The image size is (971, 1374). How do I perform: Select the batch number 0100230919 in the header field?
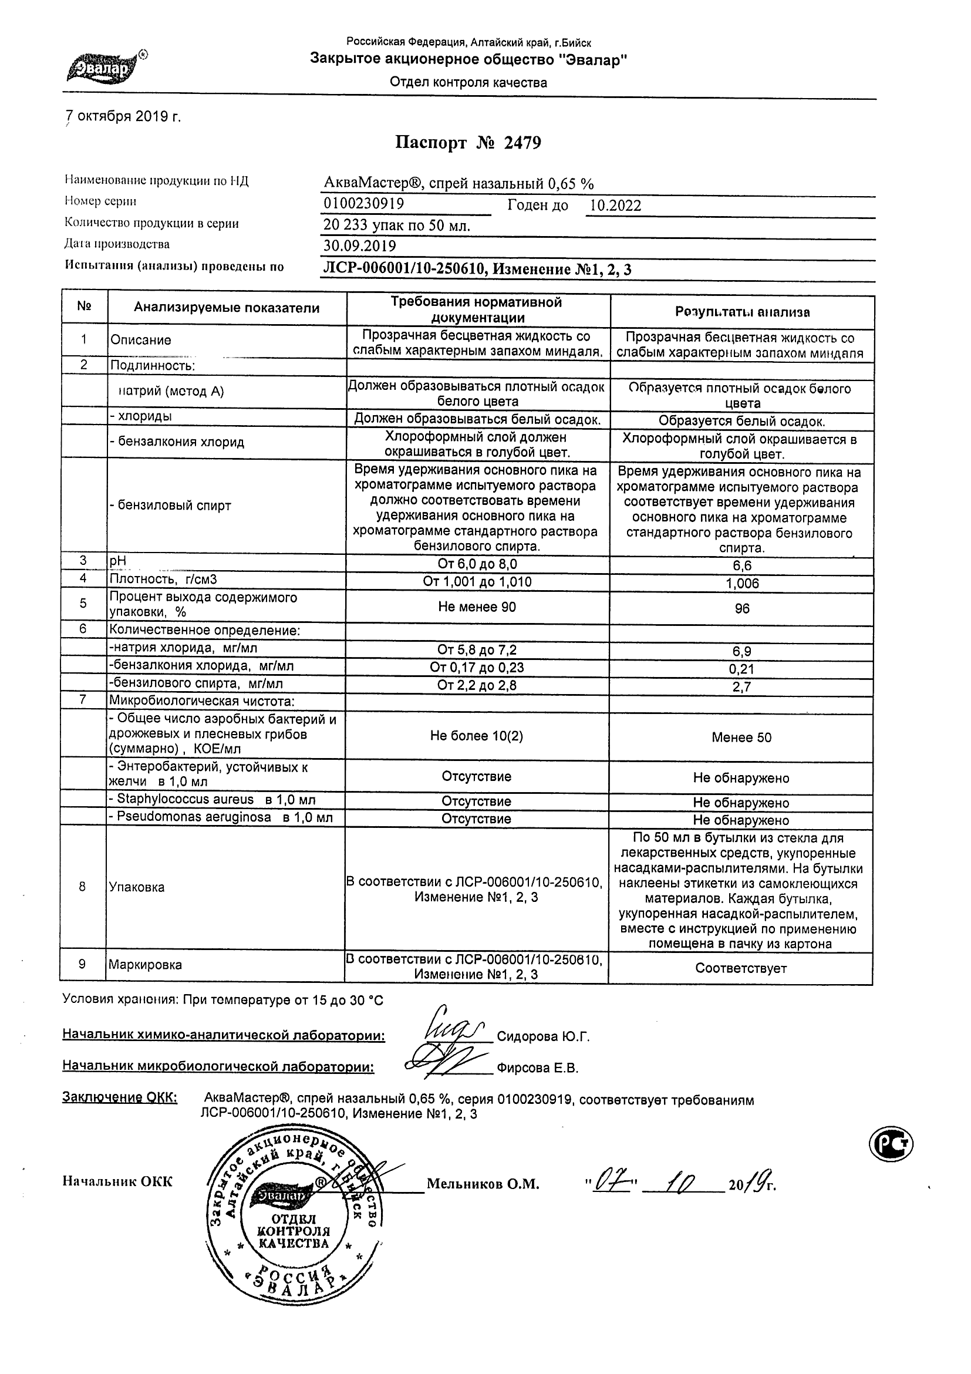click(x=364, y=204)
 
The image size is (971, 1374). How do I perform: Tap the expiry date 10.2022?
click(x=615, y=206)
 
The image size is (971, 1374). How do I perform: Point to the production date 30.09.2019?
click(x=359, y=246)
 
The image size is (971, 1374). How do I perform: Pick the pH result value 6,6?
click(x=742, y=565)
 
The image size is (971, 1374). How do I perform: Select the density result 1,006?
click(x=742, y=584)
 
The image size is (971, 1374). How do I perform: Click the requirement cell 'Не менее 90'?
click(x=477, y=607)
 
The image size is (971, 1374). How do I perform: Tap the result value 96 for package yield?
click(x=742, y=608)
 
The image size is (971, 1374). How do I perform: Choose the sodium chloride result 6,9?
click(x=742, y=651)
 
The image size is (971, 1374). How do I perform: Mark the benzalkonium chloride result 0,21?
click(x=742, y=669)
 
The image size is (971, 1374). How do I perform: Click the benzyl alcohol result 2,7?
click(x=742, y=687)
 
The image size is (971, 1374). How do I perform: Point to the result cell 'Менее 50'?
click(x=741, y=738)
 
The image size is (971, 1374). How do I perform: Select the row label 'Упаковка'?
click(x=136, y=887)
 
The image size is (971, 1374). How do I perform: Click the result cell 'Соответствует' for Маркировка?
click(x=741, y=968)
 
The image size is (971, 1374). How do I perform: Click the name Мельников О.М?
click(x=483, y=1184)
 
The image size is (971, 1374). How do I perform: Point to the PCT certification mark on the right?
click(x=891, y=1144)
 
